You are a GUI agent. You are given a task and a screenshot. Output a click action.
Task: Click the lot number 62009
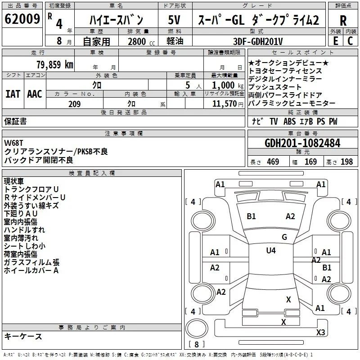point(22,19)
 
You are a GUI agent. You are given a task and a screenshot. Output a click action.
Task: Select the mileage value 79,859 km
point(55,65)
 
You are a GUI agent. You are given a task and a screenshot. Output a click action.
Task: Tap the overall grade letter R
point(343,21)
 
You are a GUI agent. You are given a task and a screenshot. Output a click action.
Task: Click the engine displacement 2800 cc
point(141,41)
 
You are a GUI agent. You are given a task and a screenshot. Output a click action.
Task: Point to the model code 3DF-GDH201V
point(258,41)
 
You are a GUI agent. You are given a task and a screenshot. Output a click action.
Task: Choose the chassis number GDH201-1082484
point(302,143)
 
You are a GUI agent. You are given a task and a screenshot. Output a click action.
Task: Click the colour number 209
point(74,104)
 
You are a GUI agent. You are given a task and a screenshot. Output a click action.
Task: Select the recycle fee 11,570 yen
point(228,104)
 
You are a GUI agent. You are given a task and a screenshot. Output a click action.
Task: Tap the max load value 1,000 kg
point(227,85)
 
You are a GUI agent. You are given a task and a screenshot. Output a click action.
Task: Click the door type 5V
point(174,20)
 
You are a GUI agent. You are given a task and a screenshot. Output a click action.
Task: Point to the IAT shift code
point(13,94)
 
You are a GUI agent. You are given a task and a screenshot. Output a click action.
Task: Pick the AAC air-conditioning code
point(35,94)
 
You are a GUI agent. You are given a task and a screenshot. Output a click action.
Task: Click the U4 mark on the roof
point(271,250)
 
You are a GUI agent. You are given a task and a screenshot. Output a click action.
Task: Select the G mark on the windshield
point(284,237)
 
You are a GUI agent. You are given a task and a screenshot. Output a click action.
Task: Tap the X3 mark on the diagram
point(320,332)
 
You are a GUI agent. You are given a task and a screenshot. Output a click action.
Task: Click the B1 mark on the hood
point(251,216)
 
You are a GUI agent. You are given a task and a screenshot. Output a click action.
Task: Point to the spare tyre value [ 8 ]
point(197,344)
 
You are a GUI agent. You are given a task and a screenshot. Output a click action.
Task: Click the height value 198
point(346,162)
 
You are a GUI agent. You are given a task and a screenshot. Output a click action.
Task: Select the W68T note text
point(13,143)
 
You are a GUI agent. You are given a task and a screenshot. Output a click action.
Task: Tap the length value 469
point(273,162)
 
